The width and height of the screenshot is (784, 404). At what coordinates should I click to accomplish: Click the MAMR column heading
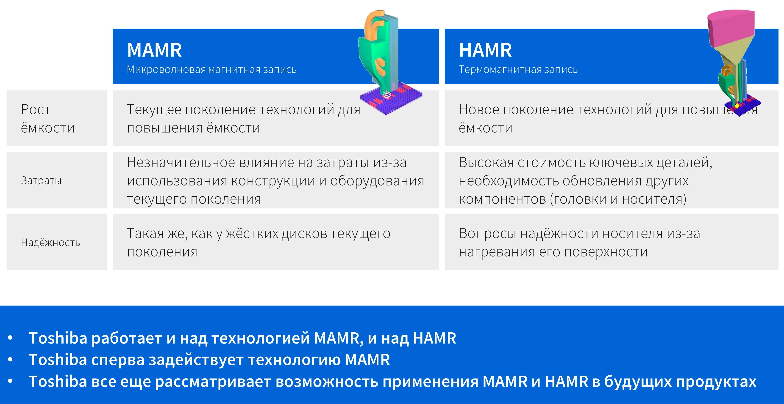[154, 50]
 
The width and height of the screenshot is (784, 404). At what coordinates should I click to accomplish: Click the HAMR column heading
[485, 50]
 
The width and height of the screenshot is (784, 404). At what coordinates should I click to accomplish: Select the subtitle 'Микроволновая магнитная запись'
[211, 70]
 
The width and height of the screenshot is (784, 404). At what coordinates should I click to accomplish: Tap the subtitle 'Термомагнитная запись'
[518, 70]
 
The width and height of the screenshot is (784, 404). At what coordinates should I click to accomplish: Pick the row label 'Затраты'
[41, 180]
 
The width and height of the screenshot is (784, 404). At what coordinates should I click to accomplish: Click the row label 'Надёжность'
[50, 242]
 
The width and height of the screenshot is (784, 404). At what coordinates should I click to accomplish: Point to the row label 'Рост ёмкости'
[48, 119]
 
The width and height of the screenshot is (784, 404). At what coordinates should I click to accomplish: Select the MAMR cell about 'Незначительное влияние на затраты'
[275, 180]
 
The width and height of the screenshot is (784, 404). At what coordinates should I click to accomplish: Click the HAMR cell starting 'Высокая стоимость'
[586, 180]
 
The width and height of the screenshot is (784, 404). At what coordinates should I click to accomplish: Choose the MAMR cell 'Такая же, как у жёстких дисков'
[259, 243]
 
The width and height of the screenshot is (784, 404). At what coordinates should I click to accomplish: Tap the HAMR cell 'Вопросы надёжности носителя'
[579, 243]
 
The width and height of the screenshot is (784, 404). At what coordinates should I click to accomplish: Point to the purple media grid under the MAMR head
[391, 102]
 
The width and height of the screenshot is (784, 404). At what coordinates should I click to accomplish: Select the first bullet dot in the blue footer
[10, 338]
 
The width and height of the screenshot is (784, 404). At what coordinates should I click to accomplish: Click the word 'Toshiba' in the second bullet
[58, 360]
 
